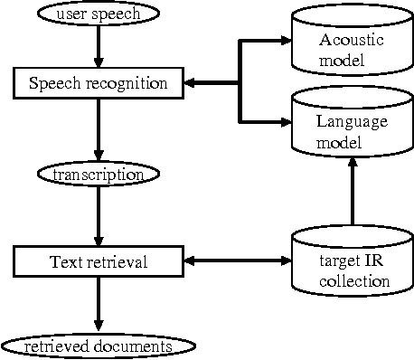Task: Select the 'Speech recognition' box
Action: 98,83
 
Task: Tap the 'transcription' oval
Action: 98,172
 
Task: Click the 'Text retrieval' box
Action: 98,262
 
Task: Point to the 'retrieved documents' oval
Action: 98,346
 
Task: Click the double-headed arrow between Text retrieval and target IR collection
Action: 237,262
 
